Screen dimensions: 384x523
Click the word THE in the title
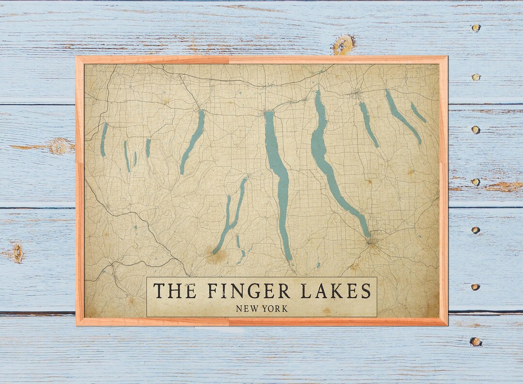[x=175, y=291]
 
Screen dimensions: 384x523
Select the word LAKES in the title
[x=336, y=291]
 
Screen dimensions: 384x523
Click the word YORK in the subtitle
[x=276, y=308]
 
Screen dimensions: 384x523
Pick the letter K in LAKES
[x=337, y=291]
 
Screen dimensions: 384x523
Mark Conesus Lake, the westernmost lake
[x=104, y=140]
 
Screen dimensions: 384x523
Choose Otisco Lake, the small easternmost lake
[x=418, y=112]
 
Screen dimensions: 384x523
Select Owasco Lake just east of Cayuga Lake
[x=368, y=124]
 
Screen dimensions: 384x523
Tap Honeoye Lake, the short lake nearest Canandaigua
[x=148, y=148]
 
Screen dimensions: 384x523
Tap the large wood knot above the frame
[x=343, y=45]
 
